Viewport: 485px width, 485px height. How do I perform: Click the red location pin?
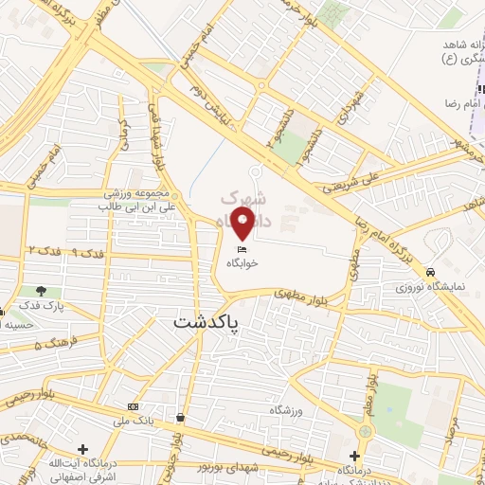pyautogui.click(x=243, y=224)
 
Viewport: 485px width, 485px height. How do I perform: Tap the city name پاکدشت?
pyautogui.click(x=207, y=322)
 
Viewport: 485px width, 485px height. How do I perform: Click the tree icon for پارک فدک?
pyautogui.click(x=41, y=291)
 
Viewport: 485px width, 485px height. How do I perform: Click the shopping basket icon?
pyautogui.click(x=180, y=416)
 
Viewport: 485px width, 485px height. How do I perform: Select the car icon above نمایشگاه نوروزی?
pyautogui.click(x=431, y=269)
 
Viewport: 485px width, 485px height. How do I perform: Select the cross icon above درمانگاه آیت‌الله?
pyautogui.click(x=82, y=448)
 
